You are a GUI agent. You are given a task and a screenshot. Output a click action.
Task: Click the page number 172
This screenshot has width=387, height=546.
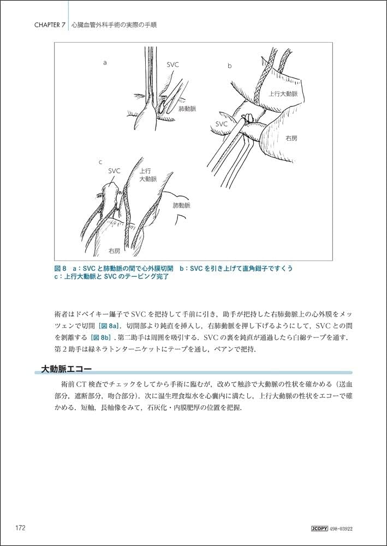tap(20, 528)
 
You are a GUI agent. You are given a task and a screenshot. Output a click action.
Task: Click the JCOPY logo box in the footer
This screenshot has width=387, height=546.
tap(317, 529)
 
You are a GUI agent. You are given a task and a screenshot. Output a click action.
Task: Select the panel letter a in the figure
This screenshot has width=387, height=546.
tap(104, 63)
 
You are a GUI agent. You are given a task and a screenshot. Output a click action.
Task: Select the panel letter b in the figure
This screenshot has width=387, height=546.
tap(230, 66)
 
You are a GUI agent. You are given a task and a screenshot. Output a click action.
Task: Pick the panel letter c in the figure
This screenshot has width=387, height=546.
tap(100, 162)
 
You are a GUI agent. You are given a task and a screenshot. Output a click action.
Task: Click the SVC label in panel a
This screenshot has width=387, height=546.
tap(172, 64)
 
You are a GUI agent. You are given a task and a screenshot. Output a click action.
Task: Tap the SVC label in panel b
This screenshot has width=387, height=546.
tap(221, 124)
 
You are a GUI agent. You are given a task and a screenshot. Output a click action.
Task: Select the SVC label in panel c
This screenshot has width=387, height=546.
tap(114, 171)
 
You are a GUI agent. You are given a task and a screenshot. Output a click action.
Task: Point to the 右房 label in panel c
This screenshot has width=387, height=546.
tap(114, 251)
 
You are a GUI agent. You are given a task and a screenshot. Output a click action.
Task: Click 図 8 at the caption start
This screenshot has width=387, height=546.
tap(61, 269)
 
